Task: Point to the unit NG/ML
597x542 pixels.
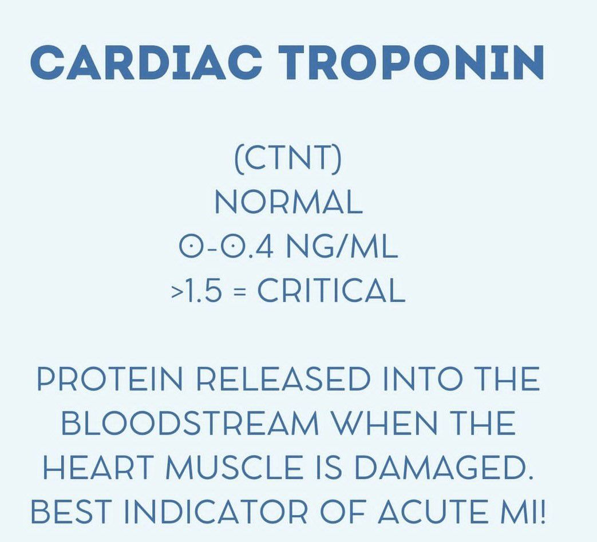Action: click(342, 247)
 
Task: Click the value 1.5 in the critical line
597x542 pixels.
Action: click(203, 290)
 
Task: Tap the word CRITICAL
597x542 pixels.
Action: click(331, 290)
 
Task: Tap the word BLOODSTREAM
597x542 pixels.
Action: click(190, 423)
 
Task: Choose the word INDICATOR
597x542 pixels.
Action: click(215, 511)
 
